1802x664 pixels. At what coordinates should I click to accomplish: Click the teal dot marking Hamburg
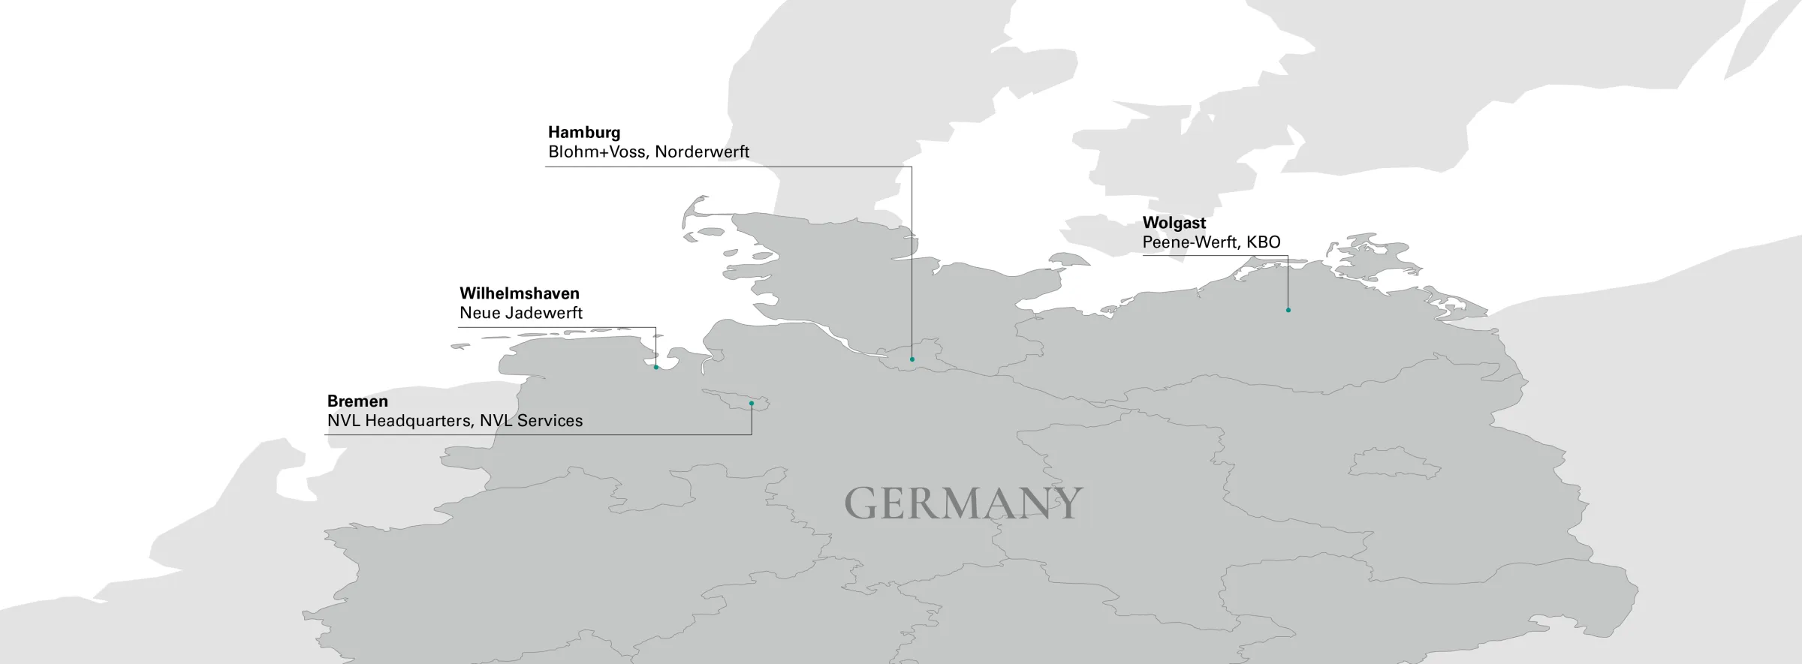(x=912, y=359)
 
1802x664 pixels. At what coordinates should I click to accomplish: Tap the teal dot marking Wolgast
(x=1288, y=310)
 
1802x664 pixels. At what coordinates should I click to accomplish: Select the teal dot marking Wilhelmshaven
(x=655, y=367)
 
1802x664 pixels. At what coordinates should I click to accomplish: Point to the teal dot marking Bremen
(x=751, y=404)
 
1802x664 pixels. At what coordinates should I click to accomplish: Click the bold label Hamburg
(x=583, y=132)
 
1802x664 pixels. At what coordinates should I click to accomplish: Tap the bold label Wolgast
(x=1174, y=223)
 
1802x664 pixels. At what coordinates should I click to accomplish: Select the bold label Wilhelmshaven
(x=519, y=293)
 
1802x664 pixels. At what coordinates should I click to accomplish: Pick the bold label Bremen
(x=357, y=401)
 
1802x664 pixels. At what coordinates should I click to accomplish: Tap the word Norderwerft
(x=702, y=152)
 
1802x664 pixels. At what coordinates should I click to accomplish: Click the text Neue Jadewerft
(x=520, y=313)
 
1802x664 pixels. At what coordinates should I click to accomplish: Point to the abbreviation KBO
(x=1263, y=242)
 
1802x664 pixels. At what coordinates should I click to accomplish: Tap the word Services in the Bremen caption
(x=550, y=421)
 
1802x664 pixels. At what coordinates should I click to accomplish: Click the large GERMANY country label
(x=963, y=503)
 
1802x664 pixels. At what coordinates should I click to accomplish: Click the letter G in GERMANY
(x=862, y=503)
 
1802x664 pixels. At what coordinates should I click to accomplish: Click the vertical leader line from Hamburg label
(x=912, y=263)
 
